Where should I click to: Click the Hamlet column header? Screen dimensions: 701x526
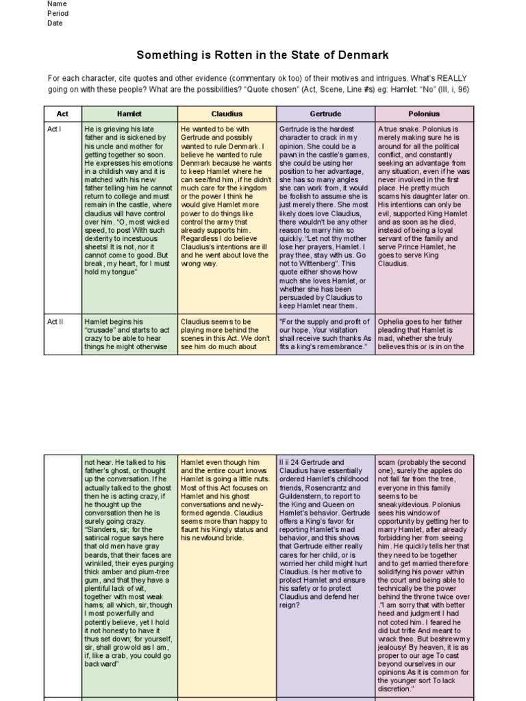coord(129,114)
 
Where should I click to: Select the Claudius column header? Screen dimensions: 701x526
coord(227,114)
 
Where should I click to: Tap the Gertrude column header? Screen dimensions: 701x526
coord(326,114)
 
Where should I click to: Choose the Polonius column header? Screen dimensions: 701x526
coord(424,114)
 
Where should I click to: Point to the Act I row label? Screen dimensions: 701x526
coord(55,129)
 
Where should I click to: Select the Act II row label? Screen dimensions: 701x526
coord(55,321)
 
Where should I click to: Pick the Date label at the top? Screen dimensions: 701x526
coord(55,23)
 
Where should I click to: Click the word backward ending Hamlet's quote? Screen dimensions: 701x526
coord(101,663)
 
